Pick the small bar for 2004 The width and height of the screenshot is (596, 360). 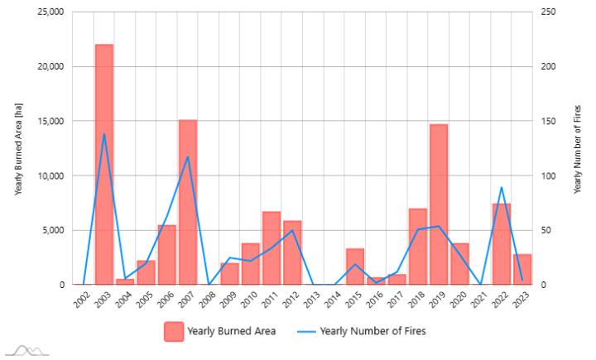tap(125, 281)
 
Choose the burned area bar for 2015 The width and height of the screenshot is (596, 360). tap(355, 266)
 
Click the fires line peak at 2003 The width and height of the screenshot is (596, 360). tap(104, 134)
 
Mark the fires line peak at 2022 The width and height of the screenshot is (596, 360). tap(501, 187)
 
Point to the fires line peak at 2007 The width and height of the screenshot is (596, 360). tap(188, 156)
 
